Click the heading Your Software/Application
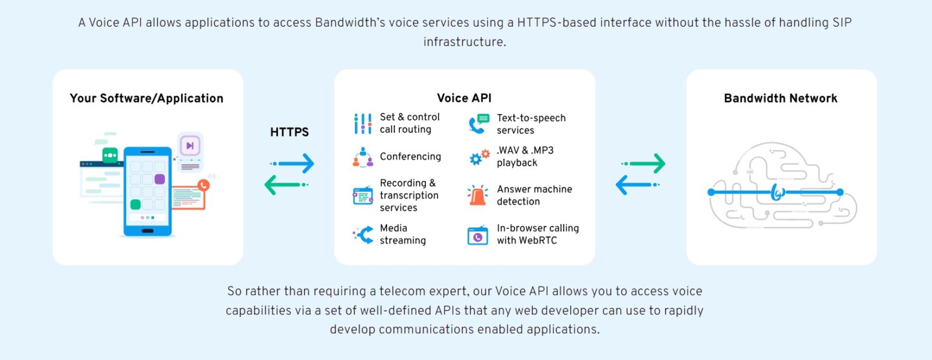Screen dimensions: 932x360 [x=146, y=98]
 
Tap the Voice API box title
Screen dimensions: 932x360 [x=464, y=98]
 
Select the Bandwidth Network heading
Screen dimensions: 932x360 [x=780, y=98]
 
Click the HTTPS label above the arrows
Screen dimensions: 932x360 [x=289, y=132]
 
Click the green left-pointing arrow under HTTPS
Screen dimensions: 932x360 [x=286, y=185]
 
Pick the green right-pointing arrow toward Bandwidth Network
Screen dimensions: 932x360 [x=643, y=163]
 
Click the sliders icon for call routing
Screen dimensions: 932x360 [x=363, y=124]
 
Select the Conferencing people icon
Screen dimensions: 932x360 [x=363, y=157]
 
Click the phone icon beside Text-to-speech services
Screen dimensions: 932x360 [x=479, y=124]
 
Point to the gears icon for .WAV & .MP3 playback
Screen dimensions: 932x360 [x=479, y=157]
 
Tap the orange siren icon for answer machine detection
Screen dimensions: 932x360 [x=478, y=195]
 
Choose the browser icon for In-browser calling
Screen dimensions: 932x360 [x=478, y=235]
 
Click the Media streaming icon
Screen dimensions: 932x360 [x=363, y=235]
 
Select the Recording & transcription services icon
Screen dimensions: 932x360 [x=363, y=195]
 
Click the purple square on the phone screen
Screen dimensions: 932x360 [x=160, y=179]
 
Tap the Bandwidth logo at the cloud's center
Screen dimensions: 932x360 [x=777, y=192]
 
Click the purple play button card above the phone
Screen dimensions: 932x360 [x=190, y=146]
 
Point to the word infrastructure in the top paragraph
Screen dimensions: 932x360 [x=464, y=42]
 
